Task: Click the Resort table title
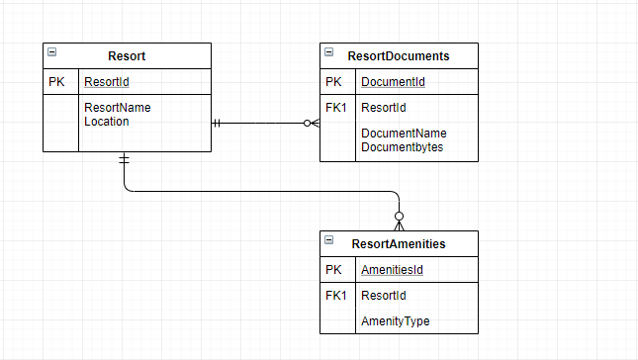tap(127, 56)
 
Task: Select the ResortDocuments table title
tap(400, 56)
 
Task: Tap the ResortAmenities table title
tap(399, 243)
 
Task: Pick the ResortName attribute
tap(117, 108)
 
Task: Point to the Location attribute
tap(106, 122)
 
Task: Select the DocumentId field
tap(393, 82)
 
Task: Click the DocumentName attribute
tap(404, 134)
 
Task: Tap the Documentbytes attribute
tap(402, 147)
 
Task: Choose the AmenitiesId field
tap(394, 270)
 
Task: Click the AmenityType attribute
tap(395, 321)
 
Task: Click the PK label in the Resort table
tap(56, 82)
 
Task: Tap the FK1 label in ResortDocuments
tap(335, 108)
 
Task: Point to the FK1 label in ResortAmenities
tap(335, 296)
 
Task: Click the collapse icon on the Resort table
tap(52, 52)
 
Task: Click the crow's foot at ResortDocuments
tap(312, 124)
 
